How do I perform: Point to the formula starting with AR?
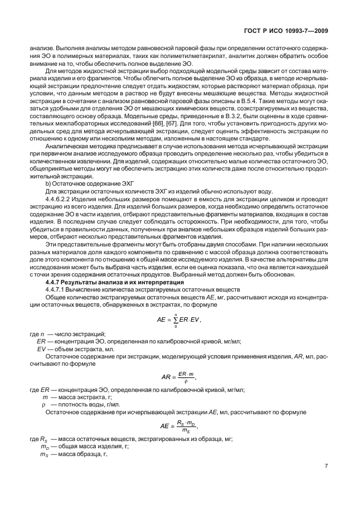coord(178,376)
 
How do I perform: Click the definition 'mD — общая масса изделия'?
coord(76,446)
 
